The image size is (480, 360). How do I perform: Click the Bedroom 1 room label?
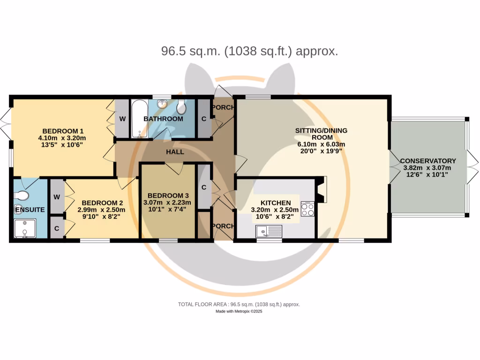pyautogui.click(x=63, y=131)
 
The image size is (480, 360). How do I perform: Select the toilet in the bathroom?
pyautogui.click(x=182, y=108)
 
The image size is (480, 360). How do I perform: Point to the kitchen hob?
pyautogui.click(x=307, y=209)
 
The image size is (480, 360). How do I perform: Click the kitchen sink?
pyautogui.click(x=269, y=231)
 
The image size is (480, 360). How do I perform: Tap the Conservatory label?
pyautogui.click(x=428, y=161)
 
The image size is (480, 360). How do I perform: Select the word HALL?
pyautogui.click(x=175, y=152)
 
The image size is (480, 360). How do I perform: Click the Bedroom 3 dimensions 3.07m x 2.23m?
pyautogui.click(x=168, y=202)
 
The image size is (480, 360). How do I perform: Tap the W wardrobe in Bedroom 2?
pyautogui.click(x=56, y=197)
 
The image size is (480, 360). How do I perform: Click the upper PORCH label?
pyautogui.click(x=223, y=107)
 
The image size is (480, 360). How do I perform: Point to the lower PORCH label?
pyautogui.click(x=223, y=226)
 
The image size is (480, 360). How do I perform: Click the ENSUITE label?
pyautogui.click(x=30, y=210)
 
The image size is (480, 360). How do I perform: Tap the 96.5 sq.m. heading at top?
pyautogui.click(x=249, y=51)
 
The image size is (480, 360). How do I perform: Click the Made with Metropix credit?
pyautogui.click(x=240, y=312)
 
